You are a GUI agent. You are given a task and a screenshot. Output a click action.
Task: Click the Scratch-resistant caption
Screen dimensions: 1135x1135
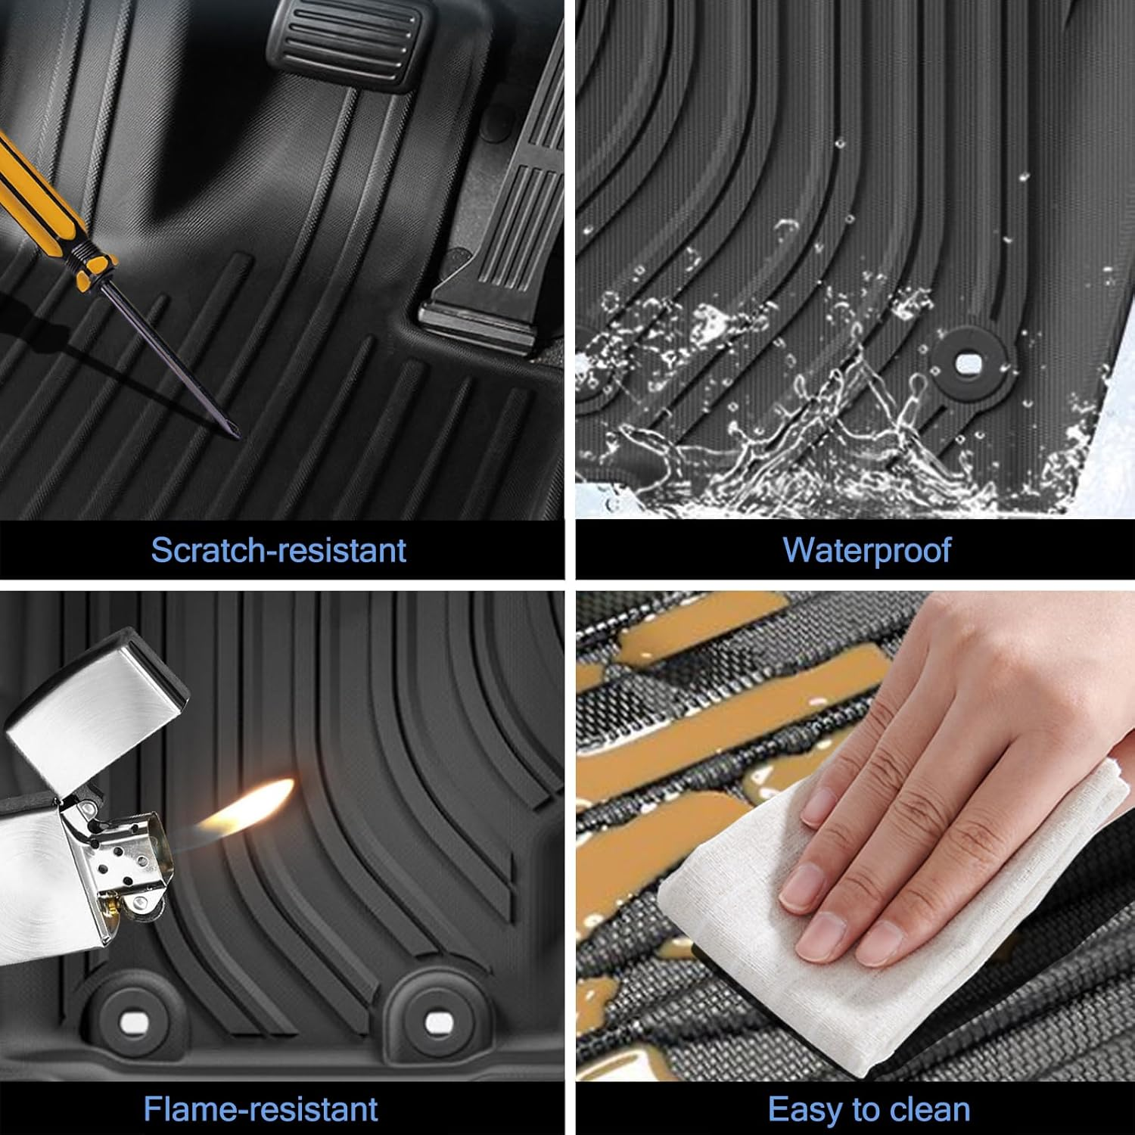pyautogui.click(x=278, y=550)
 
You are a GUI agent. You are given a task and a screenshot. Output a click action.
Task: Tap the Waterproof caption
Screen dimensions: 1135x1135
pyautogui.click(x=866, y=550)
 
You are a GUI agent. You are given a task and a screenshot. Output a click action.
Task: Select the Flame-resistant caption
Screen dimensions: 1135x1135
pyautogui.click(x=260, y=1109)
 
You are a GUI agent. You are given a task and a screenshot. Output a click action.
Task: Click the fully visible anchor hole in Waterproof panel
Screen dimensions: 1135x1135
pyautogui.click(x=968, y=365)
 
